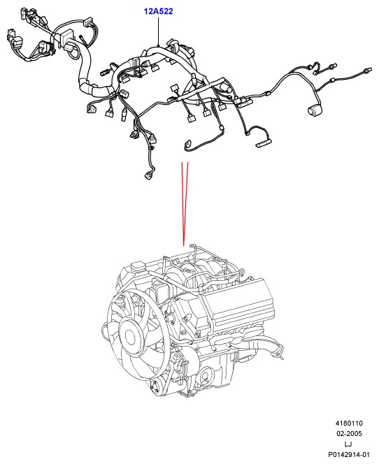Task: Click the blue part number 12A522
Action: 158,11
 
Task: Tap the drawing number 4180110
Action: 349,423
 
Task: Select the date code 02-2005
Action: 349,433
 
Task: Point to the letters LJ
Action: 348,444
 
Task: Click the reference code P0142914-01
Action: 349,454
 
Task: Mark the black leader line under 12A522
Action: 159,31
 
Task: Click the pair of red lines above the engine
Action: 185,203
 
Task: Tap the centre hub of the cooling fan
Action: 130,337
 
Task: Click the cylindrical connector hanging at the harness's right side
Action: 315,110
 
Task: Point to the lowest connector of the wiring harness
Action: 148,176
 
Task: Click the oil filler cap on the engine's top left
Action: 137,266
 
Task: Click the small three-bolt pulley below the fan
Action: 155,386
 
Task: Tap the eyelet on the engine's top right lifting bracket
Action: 242,270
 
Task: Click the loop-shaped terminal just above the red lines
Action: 187,144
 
